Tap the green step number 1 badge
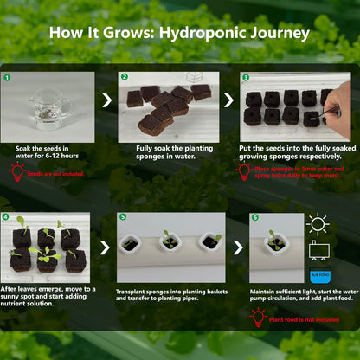click(8, 77)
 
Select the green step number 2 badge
click(124, 77)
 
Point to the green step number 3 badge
click(245, 77)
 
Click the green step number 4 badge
click(8, 217)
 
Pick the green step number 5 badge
click(123, 217)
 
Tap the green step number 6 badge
click(255, 217)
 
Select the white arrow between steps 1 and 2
click(106, 101)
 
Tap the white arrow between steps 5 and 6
click(237, 247)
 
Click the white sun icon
click(318, 225)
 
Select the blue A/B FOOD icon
click(318, 274)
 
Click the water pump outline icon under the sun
click(318, 250)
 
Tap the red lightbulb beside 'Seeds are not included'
click(16, 172)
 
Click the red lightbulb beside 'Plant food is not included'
click(257, 318)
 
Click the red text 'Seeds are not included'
click(55, 174)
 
